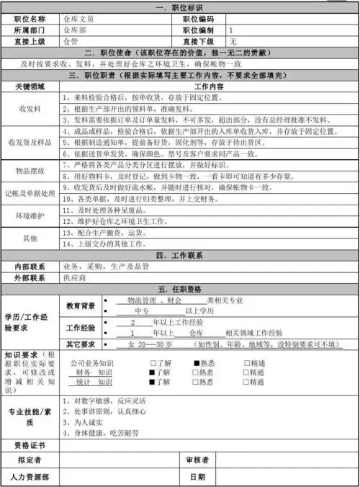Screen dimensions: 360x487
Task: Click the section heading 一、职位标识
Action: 180,6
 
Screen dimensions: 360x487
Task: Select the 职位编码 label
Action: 197,19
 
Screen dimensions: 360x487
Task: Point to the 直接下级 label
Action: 197,42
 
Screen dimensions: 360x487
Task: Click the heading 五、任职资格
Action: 180,290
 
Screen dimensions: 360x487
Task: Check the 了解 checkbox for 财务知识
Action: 152,372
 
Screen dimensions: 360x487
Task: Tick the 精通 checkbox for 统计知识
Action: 247,382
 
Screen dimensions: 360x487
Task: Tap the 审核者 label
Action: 197,460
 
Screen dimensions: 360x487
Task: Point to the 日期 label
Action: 197,476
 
